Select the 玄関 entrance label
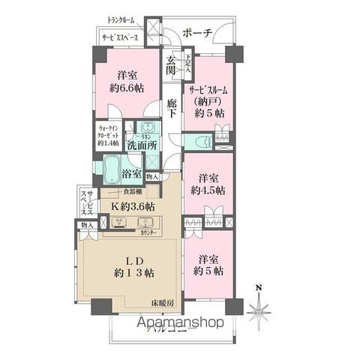172,65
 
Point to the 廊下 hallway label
172,109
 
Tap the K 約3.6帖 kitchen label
132,205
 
